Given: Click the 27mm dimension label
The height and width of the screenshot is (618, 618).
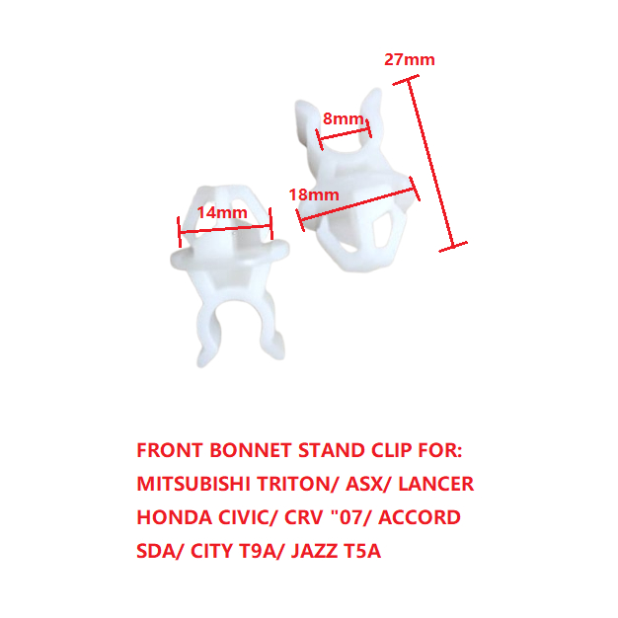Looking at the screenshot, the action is pyautogui.click(x=410, y=60).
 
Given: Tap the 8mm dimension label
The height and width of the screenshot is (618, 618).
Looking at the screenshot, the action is pyautogui.click(x=343, y=118).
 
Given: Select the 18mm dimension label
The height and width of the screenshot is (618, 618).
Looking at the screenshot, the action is pyautogui.click(x=314, y=194).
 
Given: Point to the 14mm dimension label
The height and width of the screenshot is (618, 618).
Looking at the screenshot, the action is pyautogui.click(x=222, y=213).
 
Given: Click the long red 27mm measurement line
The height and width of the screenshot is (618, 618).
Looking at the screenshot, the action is pyautogui.click(x=430, y=163).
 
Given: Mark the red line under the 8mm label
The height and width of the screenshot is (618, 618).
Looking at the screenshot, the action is pyautogui.click(x=344, y=133).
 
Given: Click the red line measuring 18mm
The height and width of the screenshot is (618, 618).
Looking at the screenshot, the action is pyautogui.click(x=357, y=203).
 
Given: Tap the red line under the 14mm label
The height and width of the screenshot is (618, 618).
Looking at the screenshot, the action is pyautogui.click(x=225, y=229).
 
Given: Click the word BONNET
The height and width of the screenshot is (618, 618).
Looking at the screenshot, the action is pyautogui.click(x=251, y=450).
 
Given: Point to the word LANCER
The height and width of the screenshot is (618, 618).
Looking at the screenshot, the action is pyautogui.click(x=436, y=484).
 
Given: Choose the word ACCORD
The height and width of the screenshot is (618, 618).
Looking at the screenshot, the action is pyautogui.click(x=420, y=517).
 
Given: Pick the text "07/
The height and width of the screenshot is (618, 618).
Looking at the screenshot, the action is pyautogui.click(x=352, y=517).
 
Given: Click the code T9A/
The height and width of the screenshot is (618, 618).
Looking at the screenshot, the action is pyautogui.click(x=262, y=551).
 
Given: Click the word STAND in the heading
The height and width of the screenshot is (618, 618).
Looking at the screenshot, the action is pyautogui.click(x=331, y=450).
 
